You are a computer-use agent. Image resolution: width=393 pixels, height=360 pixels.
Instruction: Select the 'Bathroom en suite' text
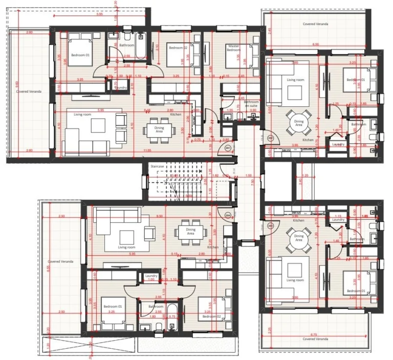[x=251, y=104]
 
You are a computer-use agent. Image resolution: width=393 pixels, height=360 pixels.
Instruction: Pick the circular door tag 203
[x=270, y=226]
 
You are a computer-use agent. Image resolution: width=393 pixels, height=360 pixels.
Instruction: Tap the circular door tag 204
[x=228, y=216]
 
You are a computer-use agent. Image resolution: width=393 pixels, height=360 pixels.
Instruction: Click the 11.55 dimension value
[x=147, y=150]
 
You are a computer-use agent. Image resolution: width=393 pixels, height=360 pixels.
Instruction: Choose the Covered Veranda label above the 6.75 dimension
[x=315, y=339]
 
